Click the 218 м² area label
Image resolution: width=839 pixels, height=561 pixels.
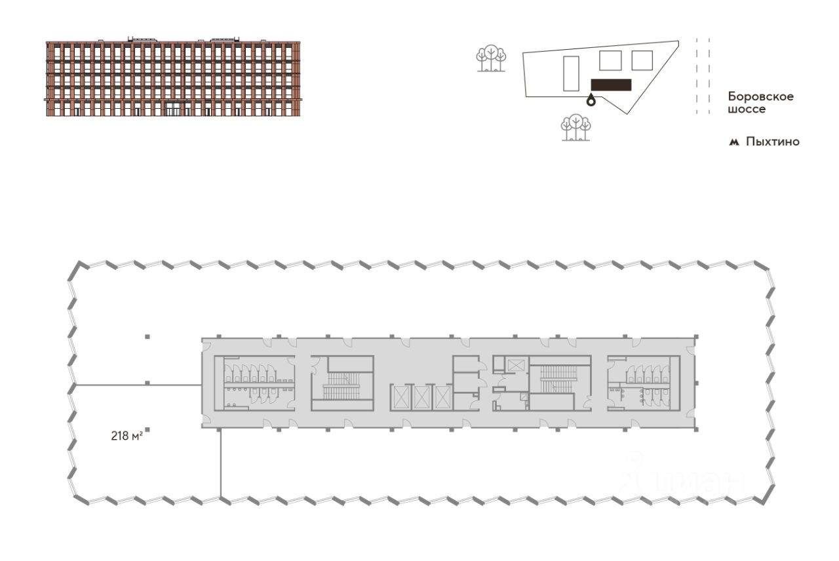click(127, 436)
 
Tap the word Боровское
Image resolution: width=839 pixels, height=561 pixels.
click(761, 96)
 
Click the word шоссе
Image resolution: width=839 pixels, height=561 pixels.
click(747, 109)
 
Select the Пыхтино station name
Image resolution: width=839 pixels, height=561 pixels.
click(773, 142)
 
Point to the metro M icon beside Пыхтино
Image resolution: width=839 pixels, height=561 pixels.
click(733, 142)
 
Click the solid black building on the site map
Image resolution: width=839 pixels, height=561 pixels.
click(612, 85)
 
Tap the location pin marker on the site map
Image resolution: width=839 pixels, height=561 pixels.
click(591, 100)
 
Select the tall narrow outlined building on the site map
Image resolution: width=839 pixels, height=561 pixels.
click(571, 73)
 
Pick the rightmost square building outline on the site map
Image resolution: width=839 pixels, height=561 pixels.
click(642, 61)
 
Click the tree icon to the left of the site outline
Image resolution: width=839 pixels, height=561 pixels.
click(491, 58)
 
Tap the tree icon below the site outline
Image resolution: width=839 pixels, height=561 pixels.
click(576, 127)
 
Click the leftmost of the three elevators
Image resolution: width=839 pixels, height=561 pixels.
click(399, 397)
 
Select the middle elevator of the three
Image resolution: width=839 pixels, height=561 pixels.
click(421, 397)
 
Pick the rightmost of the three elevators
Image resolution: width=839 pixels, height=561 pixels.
click(442, 397)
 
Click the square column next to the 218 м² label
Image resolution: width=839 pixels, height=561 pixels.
click(147, 429)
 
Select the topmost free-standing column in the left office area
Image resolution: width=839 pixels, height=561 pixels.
click(147, 337)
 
